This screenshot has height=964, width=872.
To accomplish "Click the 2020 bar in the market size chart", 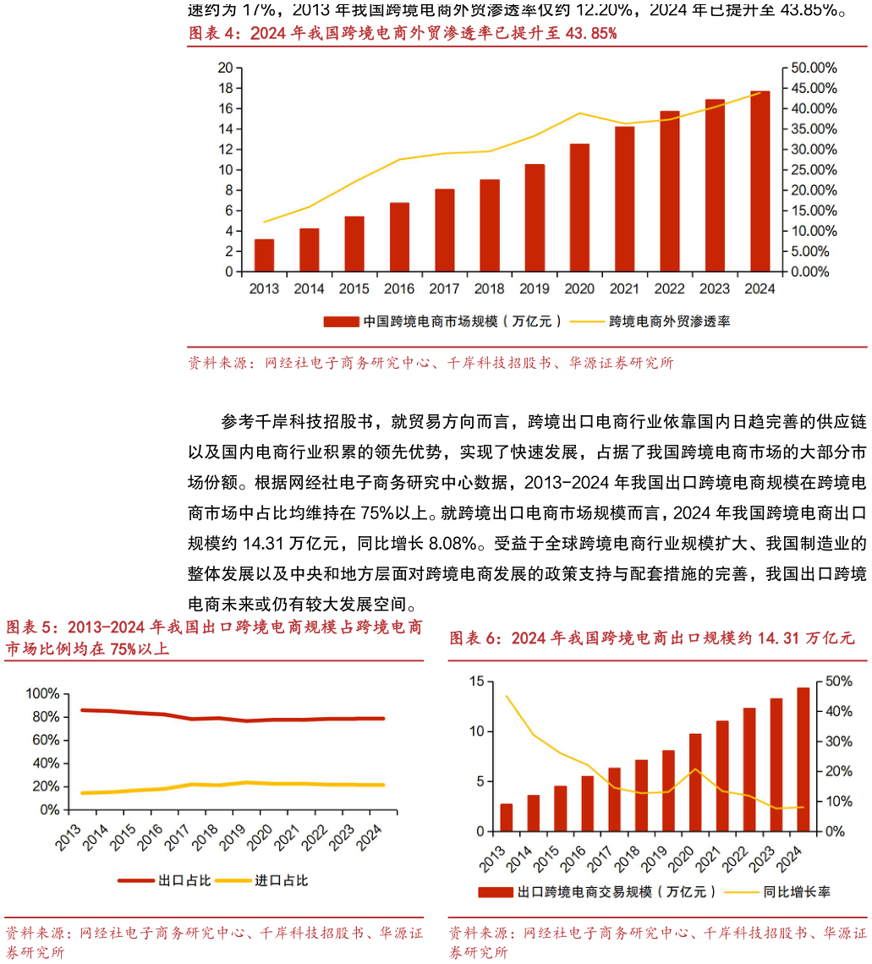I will click(579, 208).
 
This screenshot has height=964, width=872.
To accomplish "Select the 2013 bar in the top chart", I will click(264, 255).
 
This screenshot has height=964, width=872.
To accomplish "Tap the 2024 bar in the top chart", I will click(760, 181).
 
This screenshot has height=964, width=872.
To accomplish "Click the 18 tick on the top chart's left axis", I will click(226, 88).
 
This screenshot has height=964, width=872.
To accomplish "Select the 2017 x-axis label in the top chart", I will click(444, 289).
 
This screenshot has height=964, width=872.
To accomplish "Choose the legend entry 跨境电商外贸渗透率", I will click(650, 321).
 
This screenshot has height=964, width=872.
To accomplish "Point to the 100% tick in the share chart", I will click(43, 693).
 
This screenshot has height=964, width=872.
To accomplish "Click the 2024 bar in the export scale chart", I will click(803, 759).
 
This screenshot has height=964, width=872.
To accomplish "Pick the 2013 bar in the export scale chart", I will click(506, 818).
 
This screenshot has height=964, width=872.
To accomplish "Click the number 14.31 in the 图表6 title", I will click(779, 638).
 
